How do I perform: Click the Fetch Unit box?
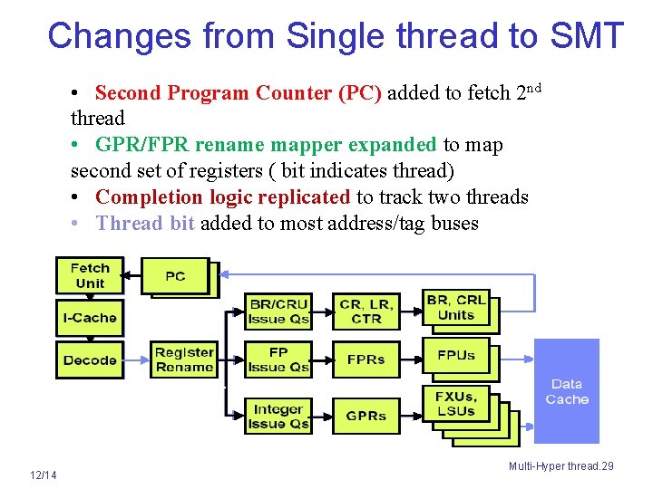pyautogui.click(x=89, y=275)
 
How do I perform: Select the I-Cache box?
pyautogui.click(x=89, y=318)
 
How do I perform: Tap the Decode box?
pyautogui.click(x=89, y=360)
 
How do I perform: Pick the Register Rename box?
pyautogui.click(x=184, y=360)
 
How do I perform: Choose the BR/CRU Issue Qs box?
pyautogui.click(x=278, y=311)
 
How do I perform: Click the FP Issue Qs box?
pyautogui.click(x=278, y=360)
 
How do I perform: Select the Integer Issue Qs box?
pyautogui.click(x=278, y=416)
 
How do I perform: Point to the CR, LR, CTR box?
pyautogui.click(x=366, y=311)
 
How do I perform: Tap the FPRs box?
pyautogui.click(x=366, y=360)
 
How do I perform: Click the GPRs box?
pyautogui.click(x=366, y=416)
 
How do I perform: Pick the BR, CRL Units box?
pyautogui.click(x=455, y=307)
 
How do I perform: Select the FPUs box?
pyautogui.click(x=455, y=355)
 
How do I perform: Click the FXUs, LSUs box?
pyautogui.click(x=455, y=403)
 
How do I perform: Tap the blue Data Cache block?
pyautogui.click(x=567, y=391)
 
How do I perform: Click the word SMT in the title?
pyautogui.click(x=586, y=36)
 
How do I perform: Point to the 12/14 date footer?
pyautogui.click(x=43, y=475)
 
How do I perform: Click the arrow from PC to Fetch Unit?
pyautogui.click(x=132, y=275)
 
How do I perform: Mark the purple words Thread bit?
pyautogui.click(x=145, y=223)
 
